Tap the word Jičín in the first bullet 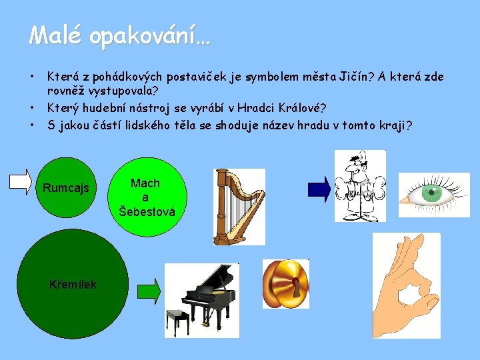click(x=347, y=77)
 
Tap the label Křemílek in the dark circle click(x=73, y=285)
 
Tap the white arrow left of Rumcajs click(x=20, y=182)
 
